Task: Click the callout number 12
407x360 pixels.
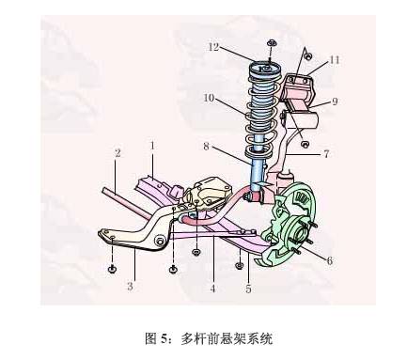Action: [214, 46]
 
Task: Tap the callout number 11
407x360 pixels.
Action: [335, 59]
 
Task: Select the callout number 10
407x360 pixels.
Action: [209, 97]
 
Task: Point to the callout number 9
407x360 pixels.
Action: [335, 101]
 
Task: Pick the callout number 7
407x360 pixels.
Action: [326, 152]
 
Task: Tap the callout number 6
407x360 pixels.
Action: [329, 260]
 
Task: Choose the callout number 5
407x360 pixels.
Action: [248, 289]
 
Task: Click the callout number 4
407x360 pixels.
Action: [213, 289]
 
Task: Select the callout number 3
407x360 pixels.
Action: [131, 287]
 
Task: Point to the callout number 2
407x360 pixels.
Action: [117, 152]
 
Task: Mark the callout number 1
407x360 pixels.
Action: [151, 146]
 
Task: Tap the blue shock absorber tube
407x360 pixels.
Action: [258, 174]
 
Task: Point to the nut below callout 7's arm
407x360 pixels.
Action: [305, 144]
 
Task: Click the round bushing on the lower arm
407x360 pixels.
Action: [161, 242]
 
